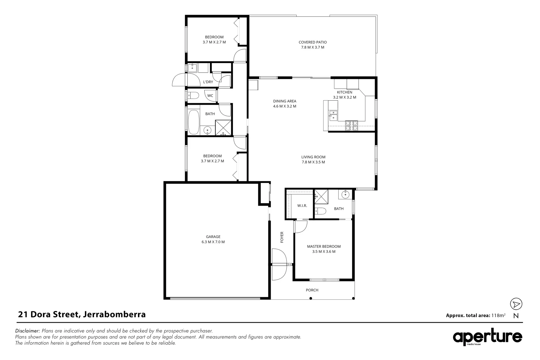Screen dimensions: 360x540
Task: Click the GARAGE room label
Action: [x=213, y=237]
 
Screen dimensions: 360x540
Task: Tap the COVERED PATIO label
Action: [x=312, y=42]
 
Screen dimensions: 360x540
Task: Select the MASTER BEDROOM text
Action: [x=324, y=246]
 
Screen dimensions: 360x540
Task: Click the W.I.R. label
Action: [x=302, y=206]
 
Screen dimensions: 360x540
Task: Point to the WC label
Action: [x=210, y=96]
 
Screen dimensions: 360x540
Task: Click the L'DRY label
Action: [x=208, y=82]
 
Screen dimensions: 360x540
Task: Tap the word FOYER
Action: [x=282, y=237]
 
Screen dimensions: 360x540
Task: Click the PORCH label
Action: [x=312, y=290]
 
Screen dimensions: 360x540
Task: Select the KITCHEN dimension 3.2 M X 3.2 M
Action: [x=344, y=97]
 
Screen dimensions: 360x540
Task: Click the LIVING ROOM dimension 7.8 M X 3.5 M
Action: [x=313, y=162]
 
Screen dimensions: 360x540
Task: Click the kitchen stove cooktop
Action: [x=351, y=125]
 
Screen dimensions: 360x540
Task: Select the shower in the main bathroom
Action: [x=223, y=128]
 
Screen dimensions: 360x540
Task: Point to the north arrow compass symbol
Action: [x=516, y=304]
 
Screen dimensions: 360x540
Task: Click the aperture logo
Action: [x=487, y=337]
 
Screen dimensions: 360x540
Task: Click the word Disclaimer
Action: [x=28, y=331]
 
